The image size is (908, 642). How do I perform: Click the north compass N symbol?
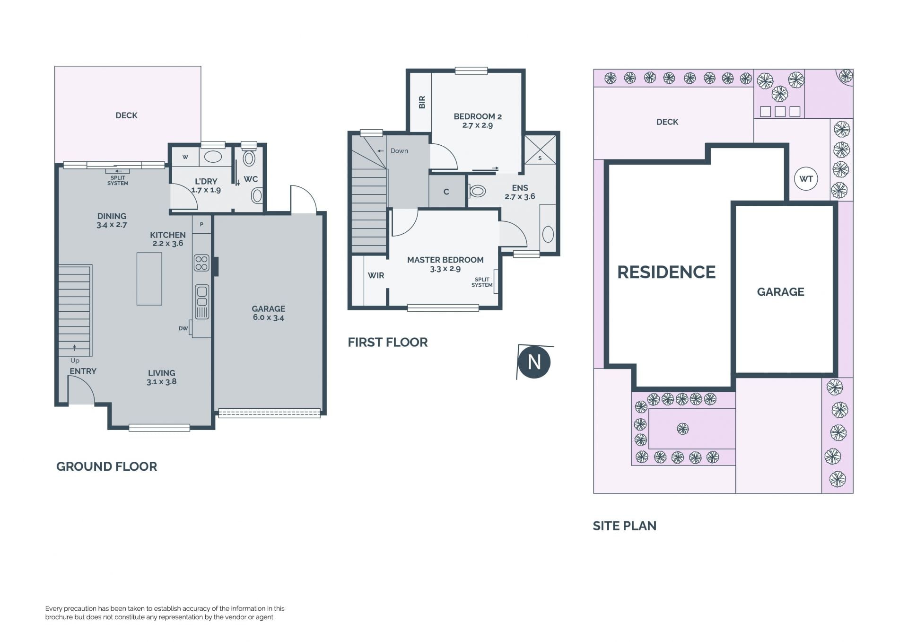point(534,362)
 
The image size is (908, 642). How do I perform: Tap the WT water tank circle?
point(806,179)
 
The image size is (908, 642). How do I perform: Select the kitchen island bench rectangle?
point(149,279)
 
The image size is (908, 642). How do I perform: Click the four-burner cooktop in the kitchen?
point(201,263)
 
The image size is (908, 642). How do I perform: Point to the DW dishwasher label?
point(183,328)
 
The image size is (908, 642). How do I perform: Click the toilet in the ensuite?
point(477,192)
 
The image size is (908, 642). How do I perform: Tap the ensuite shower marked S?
point(540,150)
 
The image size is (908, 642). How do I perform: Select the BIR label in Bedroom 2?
point(422,102)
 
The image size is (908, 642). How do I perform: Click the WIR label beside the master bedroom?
point(376,275)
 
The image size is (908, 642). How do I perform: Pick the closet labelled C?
point(446,192)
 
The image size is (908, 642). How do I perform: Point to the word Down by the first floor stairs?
point(399,151)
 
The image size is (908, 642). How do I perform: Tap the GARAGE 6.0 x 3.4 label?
point(268,313)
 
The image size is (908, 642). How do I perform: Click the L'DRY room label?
point(206,181)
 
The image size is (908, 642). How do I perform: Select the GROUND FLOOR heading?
point(106,466)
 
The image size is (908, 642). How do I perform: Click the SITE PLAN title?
point(624,526)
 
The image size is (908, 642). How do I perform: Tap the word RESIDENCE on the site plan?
point(666,272)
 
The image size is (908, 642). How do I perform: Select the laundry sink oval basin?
point(213,157)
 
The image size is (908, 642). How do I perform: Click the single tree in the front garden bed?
point(682,429)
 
